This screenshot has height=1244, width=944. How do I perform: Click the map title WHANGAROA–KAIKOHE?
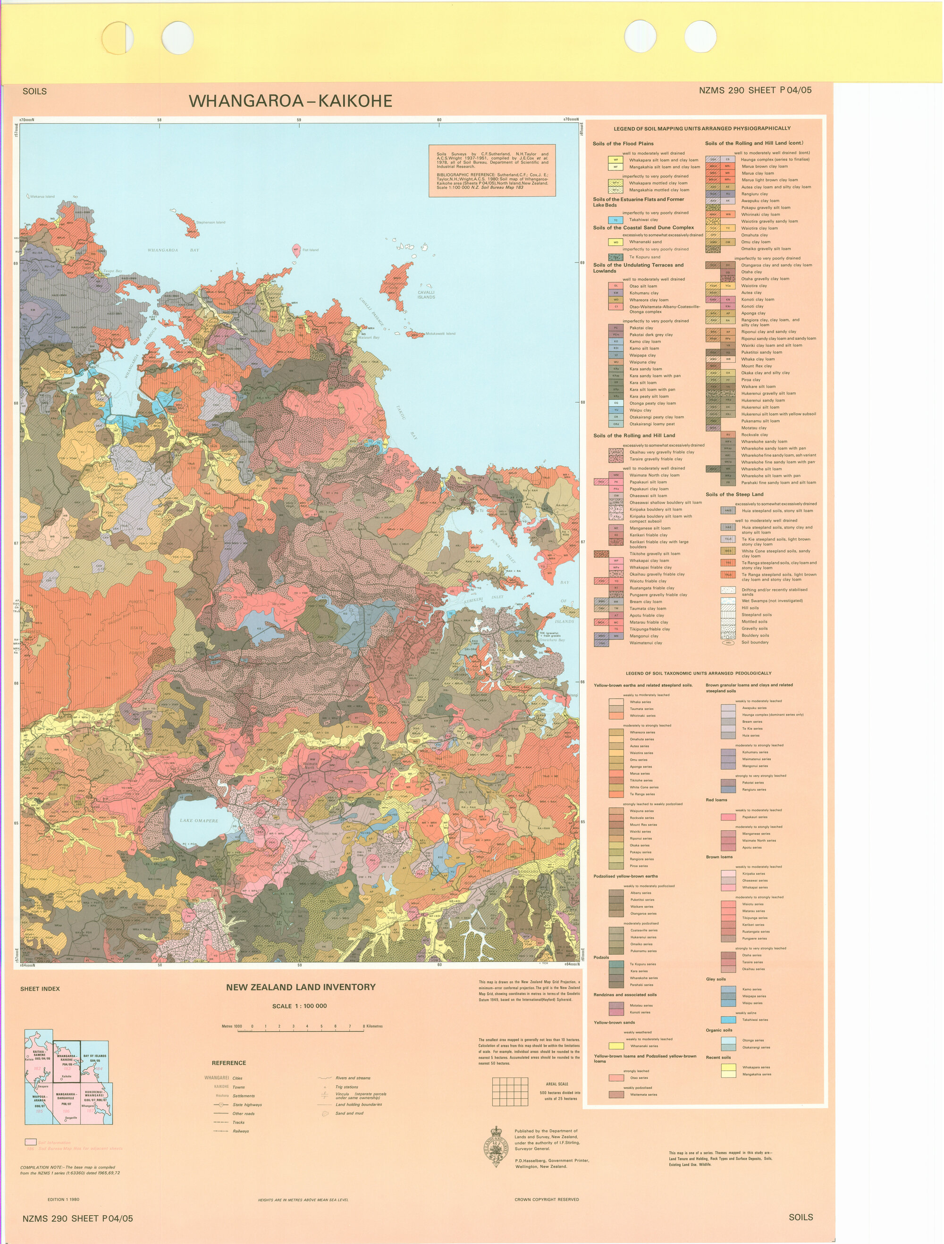tap(290, 101)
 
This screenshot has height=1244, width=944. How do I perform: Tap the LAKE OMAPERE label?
tap(199, 820)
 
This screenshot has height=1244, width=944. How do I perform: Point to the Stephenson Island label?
tap(211, 222)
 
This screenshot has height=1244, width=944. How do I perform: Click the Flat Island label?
tap(310, 250)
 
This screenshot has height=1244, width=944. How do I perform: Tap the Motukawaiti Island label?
tap(440, 334)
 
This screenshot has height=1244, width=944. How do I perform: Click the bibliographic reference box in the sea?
tap(492, 170)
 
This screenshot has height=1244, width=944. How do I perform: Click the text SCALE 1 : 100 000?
tap(299, 1006)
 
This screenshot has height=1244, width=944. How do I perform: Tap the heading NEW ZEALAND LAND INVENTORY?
tap(300, 987)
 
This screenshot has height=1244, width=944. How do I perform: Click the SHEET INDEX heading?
tap(40, 989)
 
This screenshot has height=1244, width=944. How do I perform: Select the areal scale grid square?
tap(510, 1092)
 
